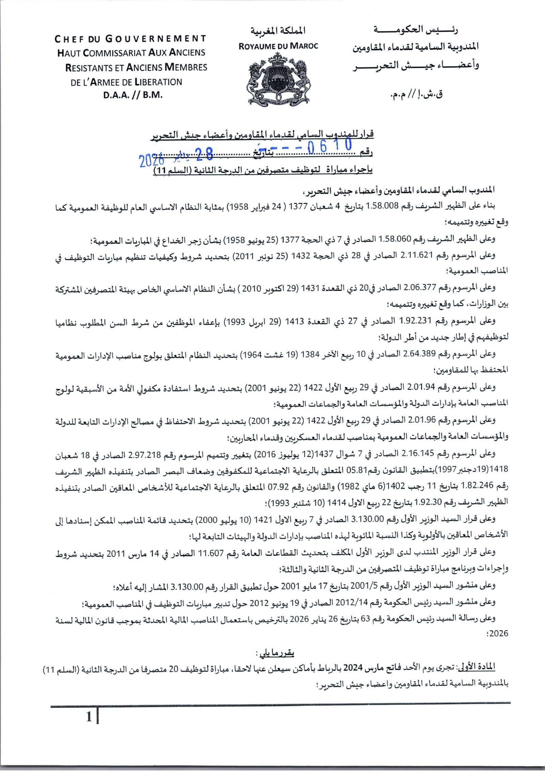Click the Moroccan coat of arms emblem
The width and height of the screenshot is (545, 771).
278,79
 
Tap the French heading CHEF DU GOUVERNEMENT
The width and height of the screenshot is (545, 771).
130,39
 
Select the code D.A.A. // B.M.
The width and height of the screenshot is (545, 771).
133,95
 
